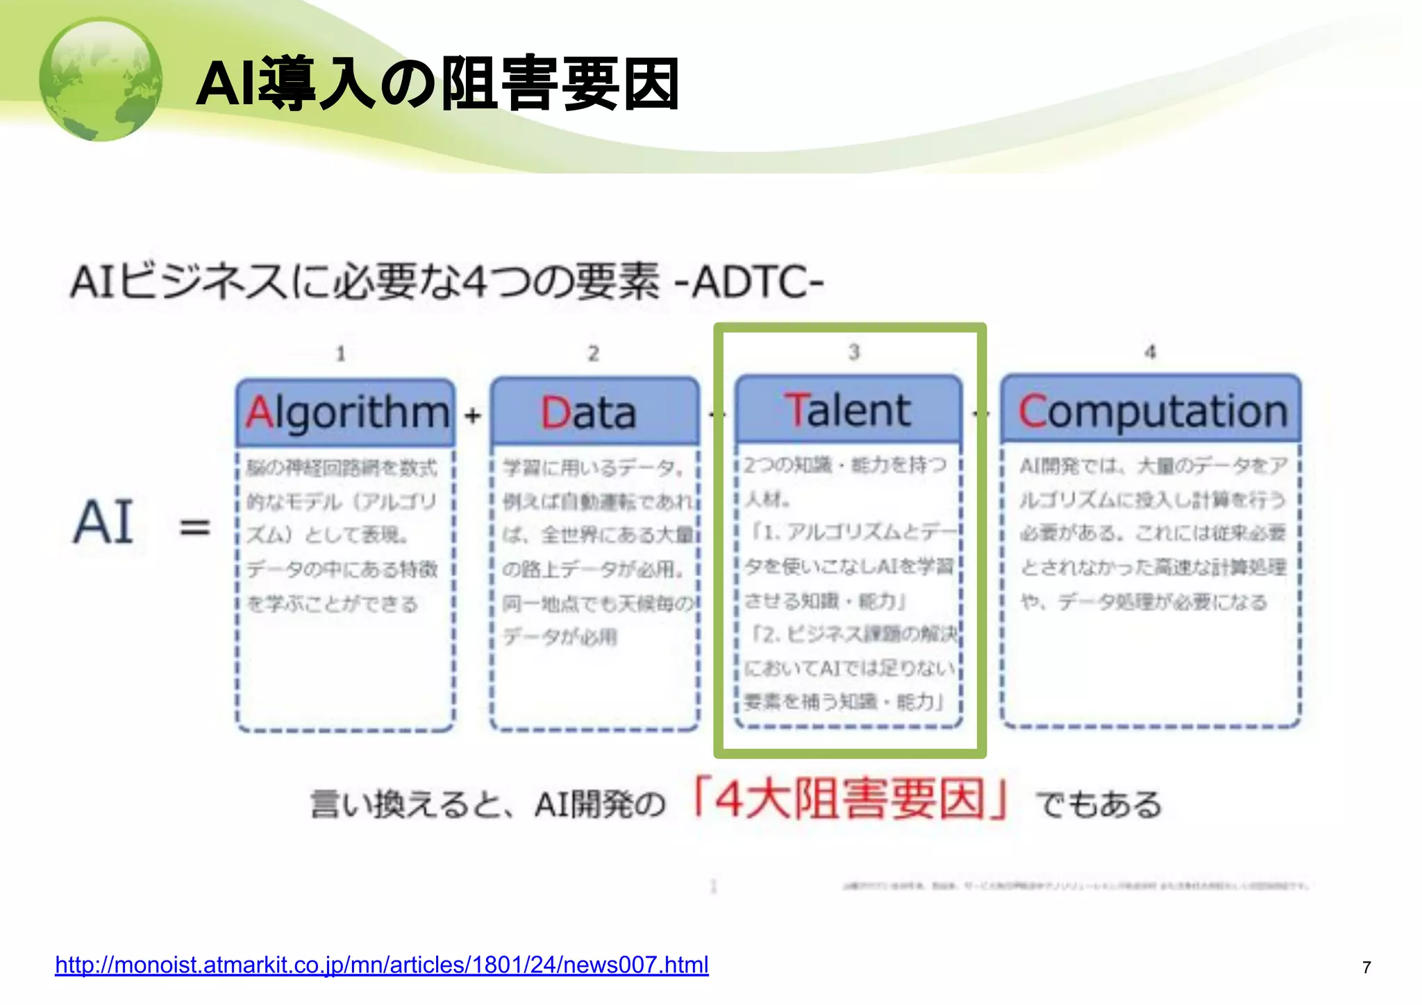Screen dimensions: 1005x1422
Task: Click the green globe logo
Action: tap(101, 80)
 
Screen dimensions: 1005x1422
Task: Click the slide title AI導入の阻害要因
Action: tap(437, 84)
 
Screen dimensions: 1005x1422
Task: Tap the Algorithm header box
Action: tap(346, 413)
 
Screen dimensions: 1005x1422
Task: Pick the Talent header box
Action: tap(848, 410)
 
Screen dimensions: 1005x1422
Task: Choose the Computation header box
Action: tap(1151, 410)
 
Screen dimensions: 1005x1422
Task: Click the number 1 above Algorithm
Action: tap(340, 354)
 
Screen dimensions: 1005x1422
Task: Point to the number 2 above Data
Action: tap(593, 354)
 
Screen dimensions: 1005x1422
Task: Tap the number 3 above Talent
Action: tap(854, 352)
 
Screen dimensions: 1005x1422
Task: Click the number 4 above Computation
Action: tap(1151, 352)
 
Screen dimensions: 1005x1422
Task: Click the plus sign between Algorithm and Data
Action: tap(473, 415)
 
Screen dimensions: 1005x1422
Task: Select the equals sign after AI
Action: tap(194, 526)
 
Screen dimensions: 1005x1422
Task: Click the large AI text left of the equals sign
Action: tap(104, 522)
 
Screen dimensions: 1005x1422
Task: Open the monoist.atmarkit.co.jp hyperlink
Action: tap(381, 965)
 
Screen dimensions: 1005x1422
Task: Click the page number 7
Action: tap(1366, 967)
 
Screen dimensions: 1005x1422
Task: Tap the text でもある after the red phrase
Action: tap(1098, 804)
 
